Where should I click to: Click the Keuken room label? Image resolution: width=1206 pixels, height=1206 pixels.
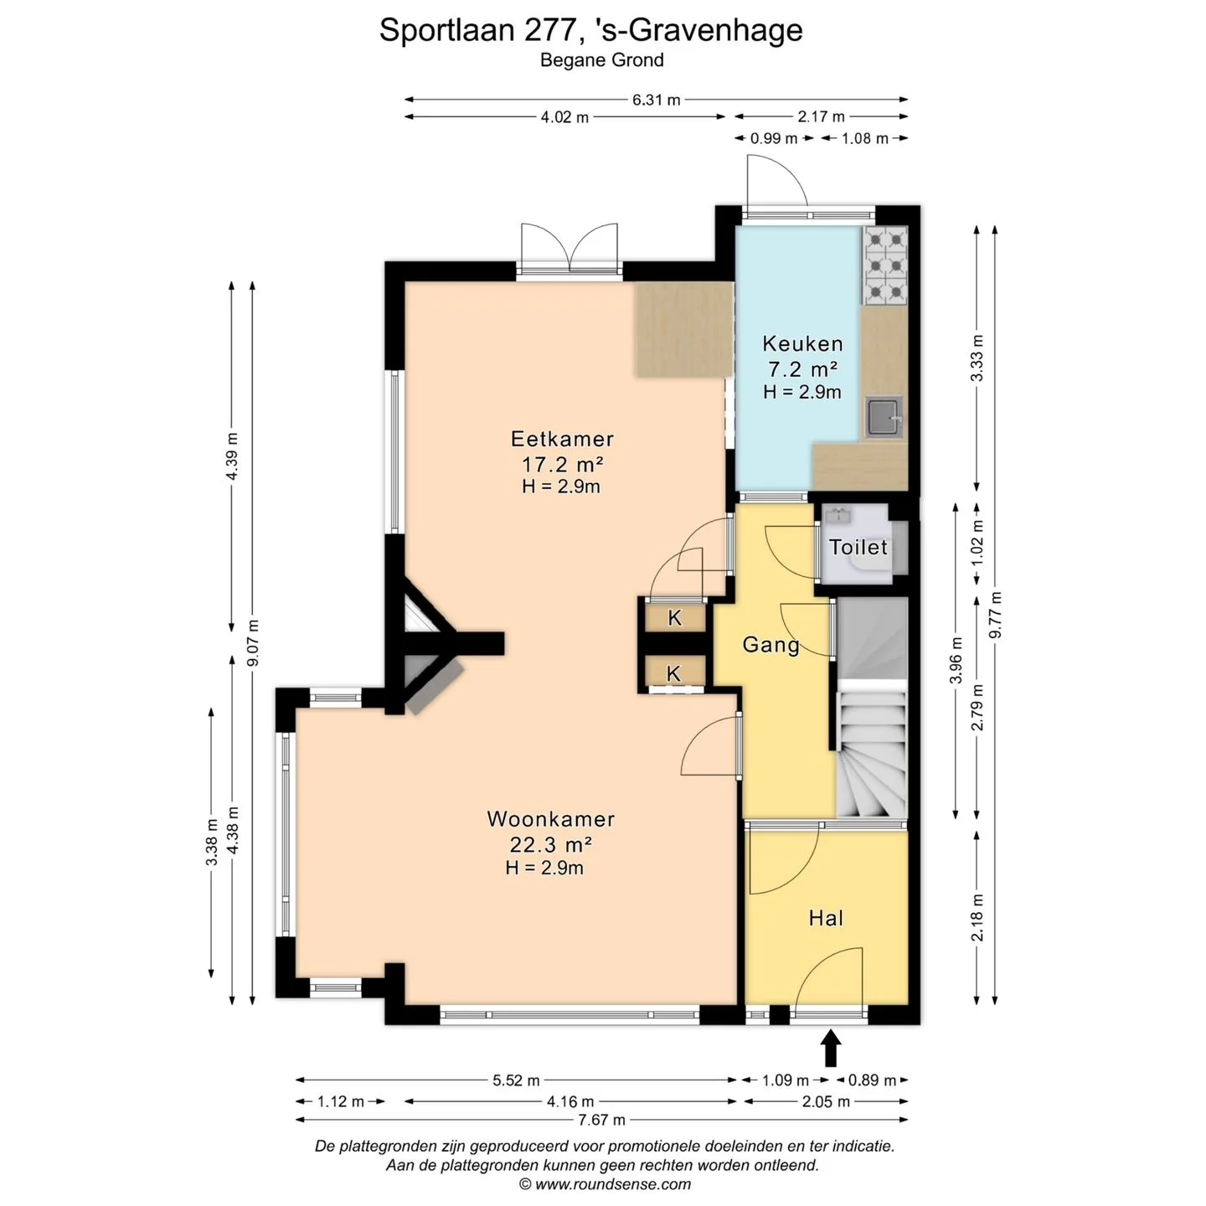pyautogui.click(x=801, y=343)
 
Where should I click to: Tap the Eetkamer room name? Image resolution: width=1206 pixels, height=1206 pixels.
pyautogui.click(x=562, y=439)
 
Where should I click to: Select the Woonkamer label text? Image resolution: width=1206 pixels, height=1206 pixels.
pyautogui.click(x=551, y=818)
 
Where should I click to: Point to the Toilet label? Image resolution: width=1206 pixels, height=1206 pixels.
pyautogui.click(x=858, y=548)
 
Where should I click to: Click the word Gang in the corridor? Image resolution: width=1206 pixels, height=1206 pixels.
pyautogui.click(x=771, y=645)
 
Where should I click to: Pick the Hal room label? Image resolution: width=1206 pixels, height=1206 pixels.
pyautogui.click(x=826, y=918)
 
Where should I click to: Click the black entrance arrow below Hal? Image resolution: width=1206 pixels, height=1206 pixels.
pyautogui.click(x=831, y=1048)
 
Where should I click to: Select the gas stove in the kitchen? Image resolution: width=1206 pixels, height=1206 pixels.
pyautogui.click(x=885, y=265)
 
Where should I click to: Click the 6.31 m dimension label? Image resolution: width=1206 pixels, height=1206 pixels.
pyautogui.click(x=656, y=100)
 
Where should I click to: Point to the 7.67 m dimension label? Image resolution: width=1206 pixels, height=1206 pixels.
pyautogui.click(x=601, y=1119)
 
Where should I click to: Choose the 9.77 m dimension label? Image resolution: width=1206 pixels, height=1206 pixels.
pyautogui.click(x=994, y=616)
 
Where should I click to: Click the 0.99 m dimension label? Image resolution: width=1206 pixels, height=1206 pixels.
pyautogui.click(x=774, y=138)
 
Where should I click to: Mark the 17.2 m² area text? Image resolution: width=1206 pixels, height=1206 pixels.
pyautogui.click(x=562, y=464)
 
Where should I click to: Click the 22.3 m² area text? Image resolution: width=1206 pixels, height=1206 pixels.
pyautogui.click(x=551, y=844)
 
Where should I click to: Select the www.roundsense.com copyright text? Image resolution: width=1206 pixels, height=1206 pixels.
pyautogui.click(x=605, y=1183)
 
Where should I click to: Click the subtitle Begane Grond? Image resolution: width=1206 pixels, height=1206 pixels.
pyautogui.click(x=601, y=60)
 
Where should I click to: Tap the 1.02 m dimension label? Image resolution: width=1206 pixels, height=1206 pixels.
pyautogui.click(x=977, y=543)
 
